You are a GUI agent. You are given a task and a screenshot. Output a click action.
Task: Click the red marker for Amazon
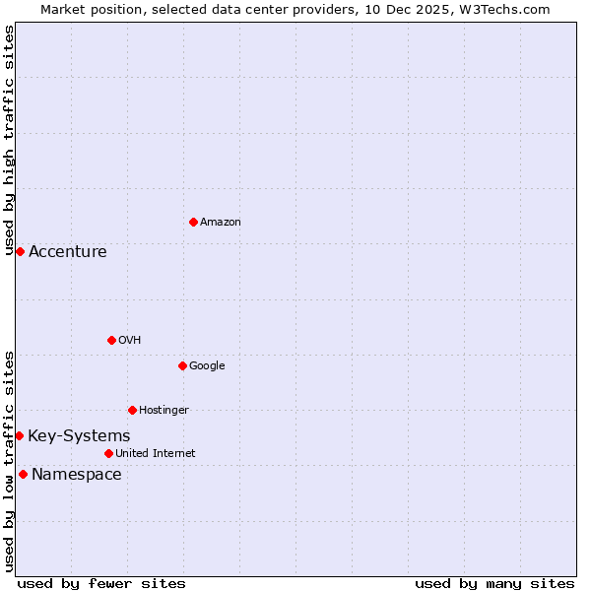tap(193, 222)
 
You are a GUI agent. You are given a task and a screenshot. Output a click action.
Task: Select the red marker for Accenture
tap(20, 251)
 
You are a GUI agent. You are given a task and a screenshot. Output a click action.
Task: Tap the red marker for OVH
tap(111, 340)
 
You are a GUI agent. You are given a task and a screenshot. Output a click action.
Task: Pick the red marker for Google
tap(182, 365)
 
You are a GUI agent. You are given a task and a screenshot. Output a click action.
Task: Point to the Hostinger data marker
tap(132, 410)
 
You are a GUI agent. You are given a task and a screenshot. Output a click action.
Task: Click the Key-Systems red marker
tap(19, 435)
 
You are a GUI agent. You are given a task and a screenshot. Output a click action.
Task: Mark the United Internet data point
tap(108, 453)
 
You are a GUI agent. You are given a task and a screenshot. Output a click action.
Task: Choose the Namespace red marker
tap(23, 474)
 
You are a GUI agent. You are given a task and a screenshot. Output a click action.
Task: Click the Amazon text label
tap(220, 222)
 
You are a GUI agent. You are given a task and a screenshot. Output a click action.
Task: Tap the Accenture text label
tap(67, 251)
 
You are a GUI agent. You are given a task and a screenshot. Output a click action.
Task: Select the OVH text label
tap(129, 340)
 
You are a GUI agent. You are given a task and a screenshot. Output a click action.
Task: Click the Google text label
tap(207, 365)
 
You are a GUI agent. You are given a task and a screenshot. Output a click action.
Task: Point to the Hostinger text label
tap(164, 410)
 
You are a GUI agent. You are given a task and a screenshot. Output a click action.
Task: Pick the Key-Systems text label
tap(79, 435)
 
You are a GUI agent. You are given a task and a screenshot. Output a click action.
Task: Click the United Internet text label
tap(155, 453)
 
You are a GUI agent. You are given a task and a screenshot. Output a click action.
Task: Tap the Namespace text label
tap(76, 474)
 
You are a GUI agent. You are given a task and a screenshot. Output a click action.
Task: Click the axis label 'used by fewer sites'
tap(101, 583)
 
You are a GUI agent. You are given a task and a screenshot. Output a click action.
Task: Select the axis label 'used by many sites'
tap(493, 583)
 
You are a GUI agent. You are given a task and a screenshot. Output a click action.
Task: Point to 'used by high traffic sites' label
tap(9, 140)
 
